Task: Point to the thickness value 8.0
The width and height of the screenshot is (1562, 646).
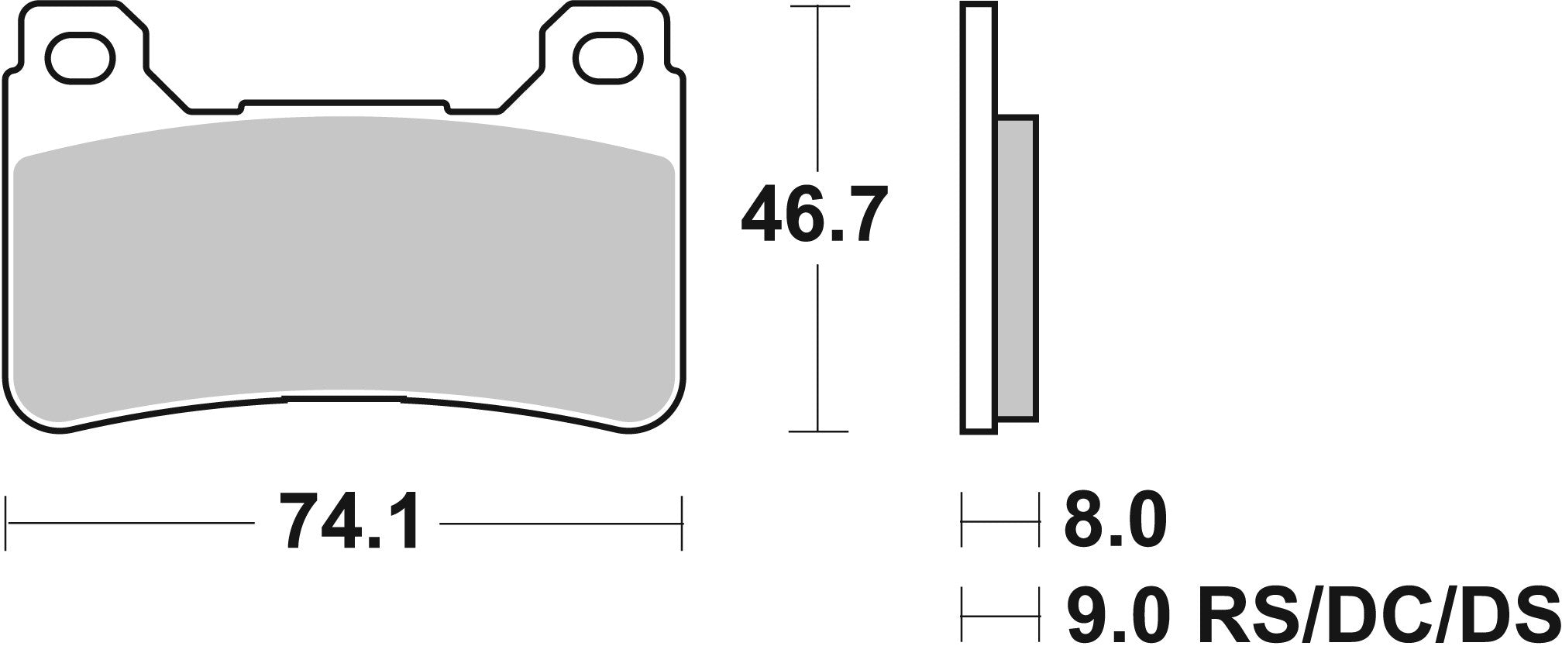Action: click(1114, 521)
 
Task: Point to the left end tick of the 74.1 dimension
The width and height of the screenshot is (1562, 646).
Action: click(7, 523)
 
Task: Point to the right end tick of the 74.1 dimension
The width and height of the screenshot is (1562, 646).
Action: click(682, 523)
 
